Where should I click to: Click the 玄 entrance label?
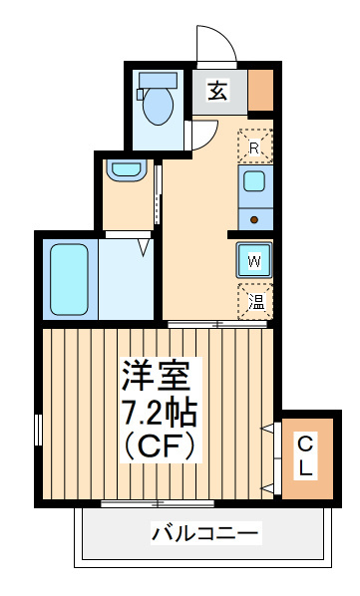point(218,91)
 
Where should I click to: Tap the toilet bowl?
point(158,106)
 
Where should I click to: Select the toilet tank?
point(158,80)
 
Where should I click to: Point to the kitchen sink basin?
point(254,181)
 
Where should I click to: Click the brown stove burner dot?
point(254,219)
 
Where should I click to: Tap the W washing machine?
point(254,260)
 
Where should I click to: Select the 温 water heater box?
point(255,301)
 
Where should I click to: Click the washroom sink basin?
point(127,169)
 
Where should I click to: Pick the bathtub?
point(69,279)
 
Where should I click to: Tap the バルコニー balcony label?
point(205,533)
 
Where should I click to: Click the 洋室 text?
point(157,375)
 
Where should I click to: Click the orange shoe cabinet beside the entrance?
point(260,90)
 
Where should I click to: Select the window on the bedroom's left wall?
point(38,430)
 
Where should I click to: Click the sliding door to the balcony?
point(158,504)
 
